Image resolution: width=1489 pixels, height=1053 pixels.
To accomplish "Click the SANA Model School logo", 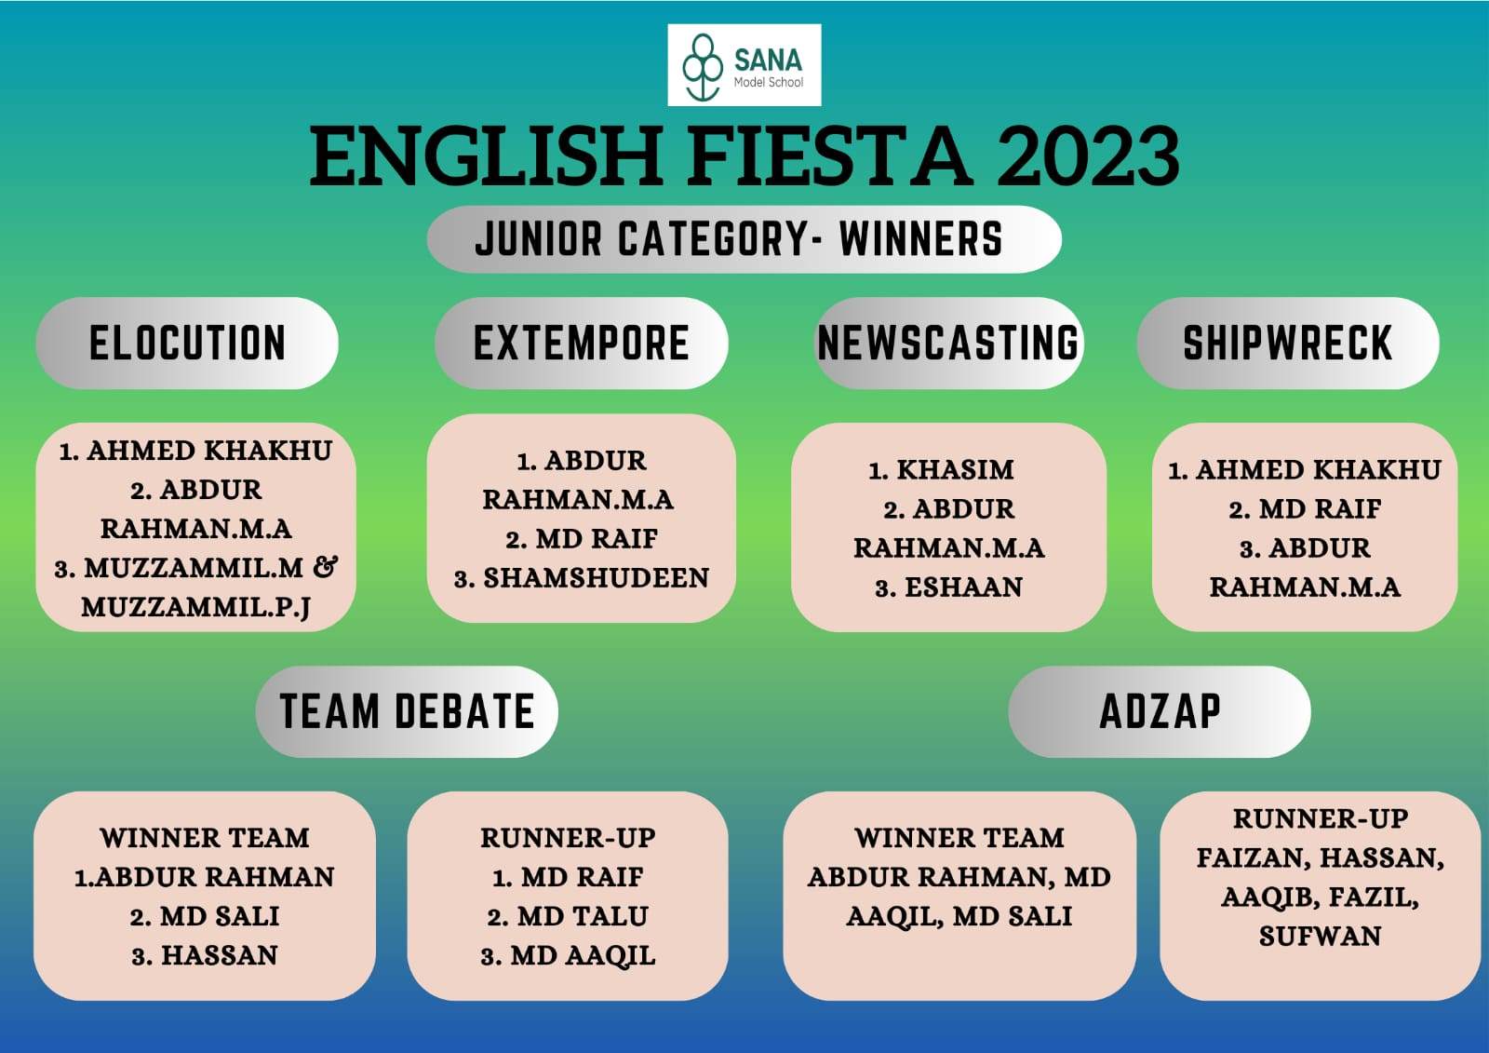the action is point(744,65).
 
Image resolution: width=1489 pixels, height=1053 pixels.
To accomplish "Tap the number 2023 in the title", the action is point(1088,157).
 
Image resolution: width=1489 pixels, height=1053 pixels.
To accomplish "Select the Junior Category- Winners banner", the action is point(744,239).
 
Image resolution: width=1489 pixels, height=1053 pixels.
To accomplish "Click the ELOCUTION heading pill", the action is point(187,344).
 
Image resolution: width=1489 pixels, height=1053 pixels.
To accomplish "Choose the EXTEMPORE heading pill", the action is point(581,344).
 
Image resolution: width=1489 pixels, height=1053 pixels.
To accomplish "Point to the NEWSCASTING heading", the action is point(948,344).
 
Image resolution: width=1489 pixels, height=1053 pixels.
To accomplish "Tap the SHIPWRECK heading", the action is point(1288,344).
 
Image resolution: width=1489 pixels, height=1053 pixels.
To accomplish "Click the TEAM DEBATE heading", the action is point(407,711).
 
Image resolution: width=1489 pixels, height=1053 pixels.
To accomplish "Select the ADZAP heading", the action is point(1160,711).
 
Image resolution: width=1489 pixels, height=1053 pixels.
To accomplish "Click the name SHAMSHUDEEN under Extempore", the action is point(597,578).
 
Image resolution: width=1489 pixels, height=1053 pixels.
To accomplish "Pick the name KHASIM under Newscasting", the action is point(955,470).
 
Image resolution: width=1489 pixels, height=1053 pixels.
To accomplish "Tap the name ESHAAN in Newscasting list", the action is point(963,587).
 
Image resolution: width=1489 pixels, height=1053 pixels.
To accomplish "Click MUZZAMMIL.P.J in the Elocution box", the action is point(196,607).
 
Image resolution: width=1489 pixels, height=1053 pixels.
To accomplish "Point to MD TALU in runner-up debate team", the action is point(583,917).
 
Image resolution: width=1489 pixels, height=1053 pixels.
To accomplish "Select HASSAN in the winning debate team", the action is point(220,956).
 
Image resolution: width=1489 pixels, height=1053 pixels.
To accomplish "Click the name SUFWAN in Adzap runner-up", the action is point(1321,937).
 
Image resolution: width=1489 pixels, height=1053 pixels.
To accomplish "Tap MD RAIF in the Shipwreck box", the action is point(1321,509).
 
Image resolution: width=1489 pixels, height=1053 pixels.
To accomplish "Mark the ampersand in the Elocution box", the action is point(325,567).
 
